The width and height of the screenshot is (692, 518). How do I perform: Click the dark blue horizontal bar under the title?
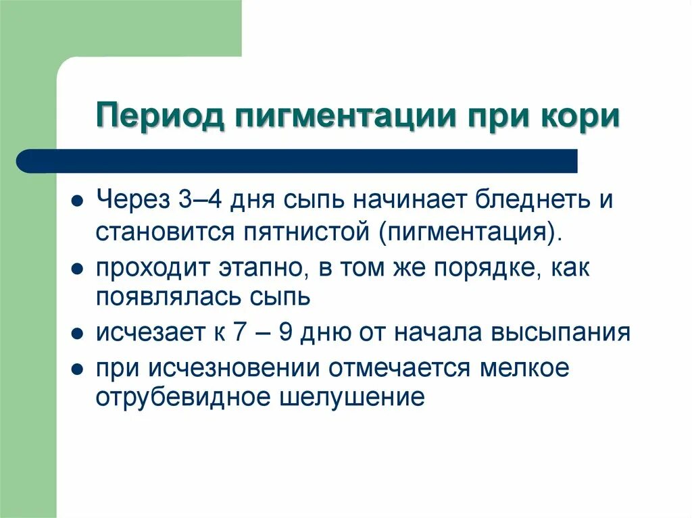pyautogui.click(x=297, y=161)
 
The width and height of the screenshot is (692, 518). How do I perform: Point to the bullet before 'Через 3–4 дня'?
pyautogui.click(x=78, y=202)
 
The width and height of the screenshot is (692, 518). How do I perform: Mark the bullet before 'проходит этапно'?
pyautogui.click(x=78, y=268)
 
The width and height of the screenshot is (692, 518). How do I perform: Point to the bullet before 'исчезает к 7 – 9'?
pyautogui.click(x=78, y=334)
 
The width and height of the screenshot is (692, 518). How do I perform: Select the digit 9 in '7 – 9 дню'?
pyautogui.click(x=287, y=333)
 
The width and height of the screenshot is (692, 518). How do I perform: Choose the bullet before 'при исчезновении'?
pyautogui.click(x=78, y=369)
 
